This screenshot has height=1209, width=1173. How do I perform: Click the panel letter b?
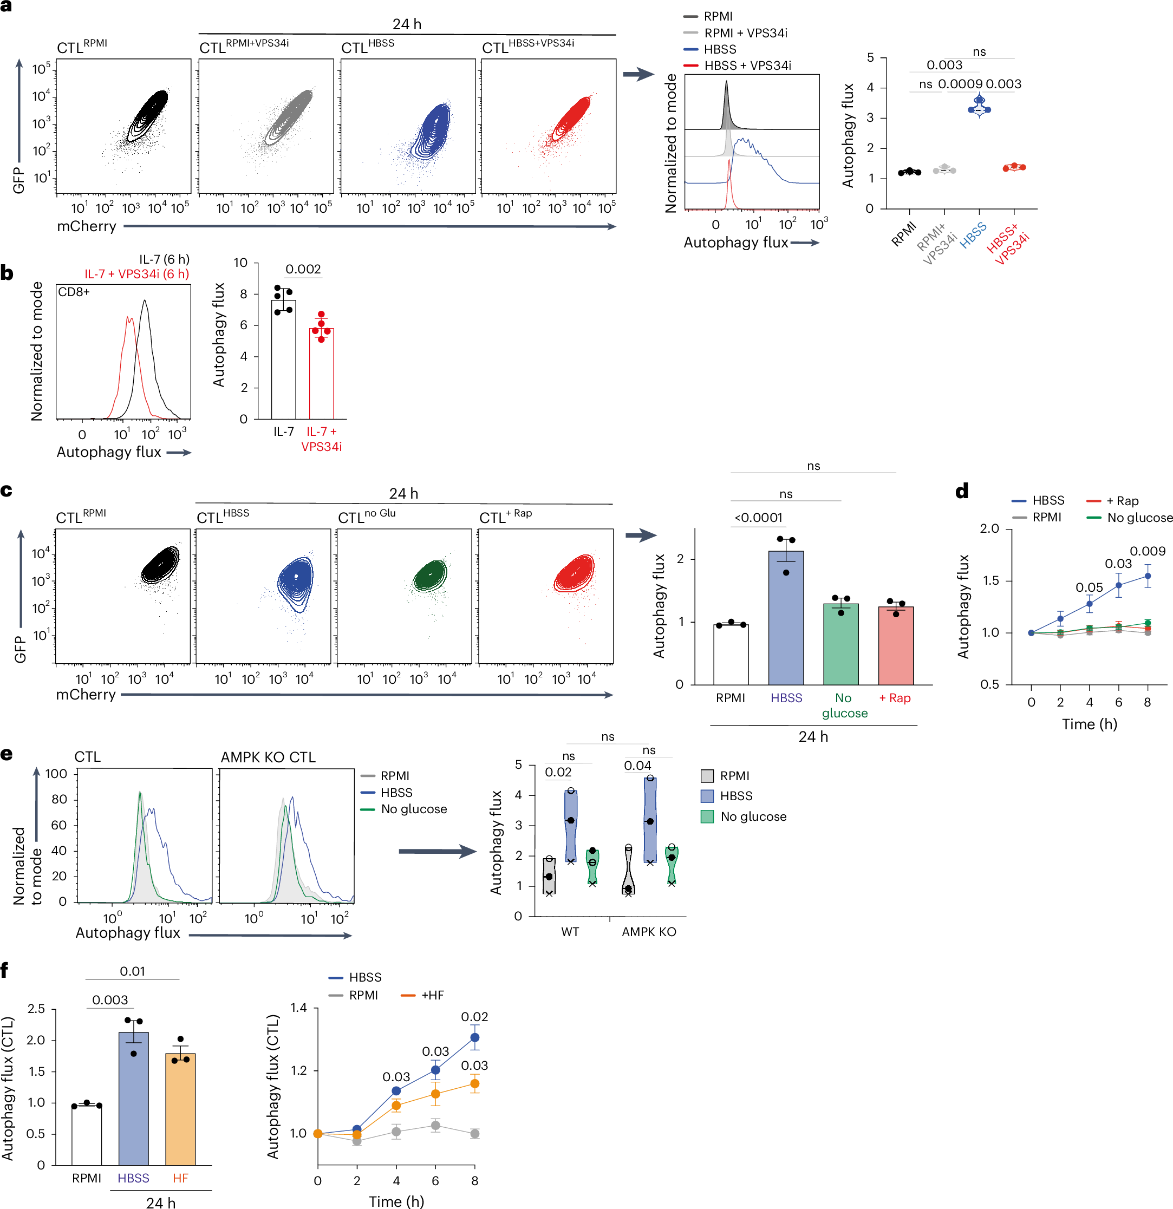(7, 273)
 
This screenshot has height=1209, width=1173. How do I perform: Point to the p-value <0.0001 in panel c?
(758, 518)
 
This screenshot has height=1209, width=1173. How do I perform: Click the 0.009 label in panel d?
(1147, 551)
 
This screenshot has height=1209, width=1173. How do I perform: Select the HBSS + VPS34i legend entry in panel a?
(747, 66)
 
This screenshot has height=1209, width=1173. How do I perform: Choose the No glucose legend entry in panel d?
(1139, 518)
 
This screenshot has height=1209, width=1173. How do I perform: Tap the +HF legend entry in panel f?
(432, 995)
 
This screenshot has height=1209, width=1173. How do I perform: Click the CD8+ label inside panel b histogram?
(74, 292)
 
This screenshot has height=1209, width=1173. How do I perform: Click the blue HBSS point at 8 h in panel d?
(1148, 576)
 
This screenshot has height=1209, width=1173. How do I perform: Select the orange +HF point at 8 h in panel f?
(474, 1083)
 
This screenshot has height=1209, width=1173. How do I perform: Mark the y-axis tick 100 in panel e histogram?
(56, 774)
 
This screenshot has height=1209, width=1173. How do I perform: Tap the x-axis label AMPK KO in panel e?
(649, 931)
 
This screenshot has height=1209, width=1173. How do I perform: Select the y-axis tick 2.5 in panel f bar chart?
(36, 1009)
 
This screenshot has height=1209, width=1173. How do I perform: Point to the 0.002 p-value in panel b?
(303, 269)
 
